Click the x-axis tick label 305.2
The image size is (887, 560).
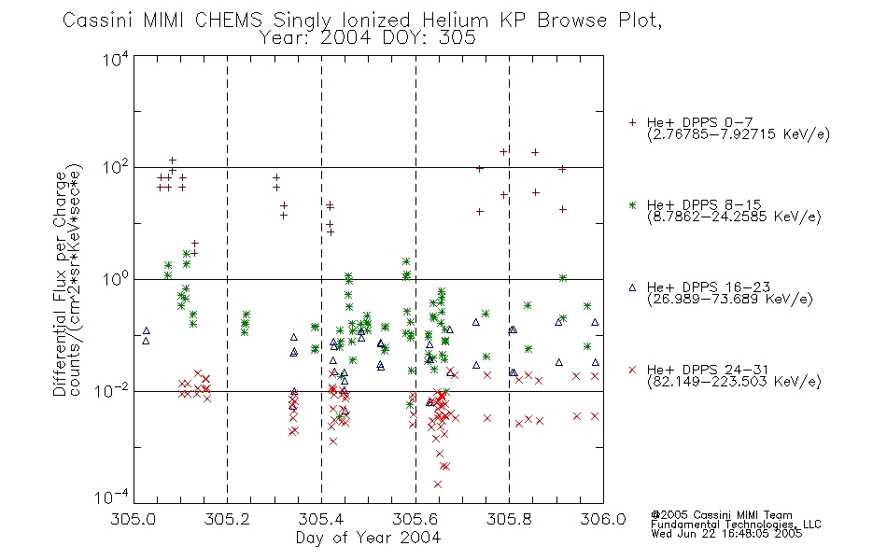(x=227, y=519)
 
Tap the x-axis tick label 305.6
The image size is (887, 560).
(x=415, y=519)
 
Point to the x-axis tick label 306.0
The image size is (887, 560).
(x=603, y=519)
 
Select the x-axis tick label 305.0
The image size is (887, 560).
(x=134, y=519)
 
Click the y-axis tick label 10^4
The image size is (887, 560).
(x=116, y=59)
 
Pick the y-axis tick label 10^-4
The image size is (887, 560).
(x=112, y=497)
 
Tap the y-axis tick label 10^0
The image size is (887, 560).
(x=116, y=278)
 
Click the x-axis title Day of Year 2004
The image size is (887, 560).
(x=368, y=538)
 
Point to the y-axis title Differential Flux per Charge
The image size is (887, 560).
(x=60, y=284)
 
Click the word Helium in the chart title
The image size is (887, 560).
(x=455, y=21)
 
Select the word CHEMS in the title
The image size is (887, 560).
(x=228, y=21)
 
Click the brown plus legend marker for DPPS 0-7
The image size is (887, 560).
(x=632, y=122)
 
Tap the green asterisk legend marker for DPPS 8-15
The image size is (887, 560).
(x=632, y=204)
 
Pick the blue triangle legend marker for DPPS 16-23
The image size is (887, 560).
(x=632, y=287)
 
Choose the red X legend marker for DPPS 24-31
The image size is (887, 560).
(x=632, y=370)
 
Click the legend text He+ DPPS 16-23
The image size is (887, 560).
(x=709, y=287)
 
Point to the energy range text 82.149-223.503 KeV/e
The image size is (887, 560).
(x=734, y=382)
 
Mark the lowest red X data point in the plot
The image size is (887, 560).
(x=437, y=484)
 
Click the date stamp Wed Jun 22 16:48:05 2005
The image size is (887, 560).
(x=726, y=533)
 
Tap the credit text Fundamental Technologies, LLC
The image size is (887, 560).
(x=736, y=525)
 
